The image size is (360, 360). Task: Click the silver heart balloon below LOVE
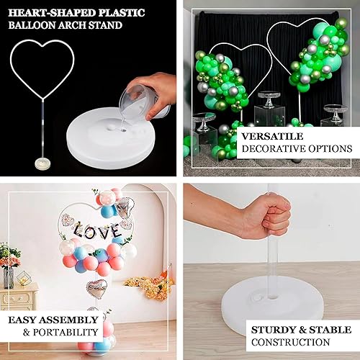[96, 288]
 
